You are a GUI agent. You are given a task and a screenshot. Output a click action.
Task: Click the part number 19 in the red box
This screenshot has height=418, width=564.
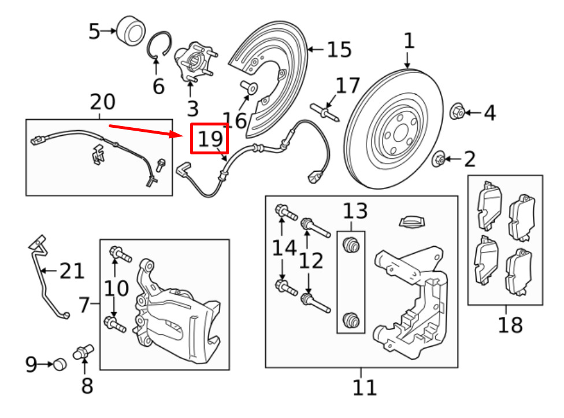[210, 139]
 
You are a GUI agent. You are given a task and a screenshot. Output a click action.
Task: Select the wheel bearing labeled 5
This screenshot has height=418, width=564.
[131, 31]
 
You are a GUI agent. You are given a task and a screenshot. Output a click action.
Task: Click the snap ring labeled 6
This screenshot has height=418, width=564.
[159, 45]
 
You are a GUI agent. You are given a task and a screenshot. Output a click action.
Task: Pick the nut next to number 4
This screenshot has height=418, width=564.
[457, 112]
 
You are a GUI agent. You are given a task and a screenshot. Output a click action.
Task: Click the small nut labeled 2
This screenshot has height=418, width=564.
[439, 159]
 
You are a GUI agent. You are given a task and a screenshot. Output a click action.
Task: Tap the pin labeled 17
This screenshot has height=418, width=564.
[324, 113]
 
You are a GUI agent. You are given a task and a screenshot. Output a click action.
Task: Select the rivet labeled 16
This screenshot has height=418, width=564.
[249, 87]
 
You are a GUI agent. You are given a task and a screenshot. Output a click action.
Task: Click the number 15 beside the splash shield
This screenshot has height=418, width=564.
[339, 50]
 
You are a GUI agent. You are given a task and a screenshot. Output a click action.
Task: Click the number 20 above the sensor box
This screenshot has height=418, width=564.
[102, 102]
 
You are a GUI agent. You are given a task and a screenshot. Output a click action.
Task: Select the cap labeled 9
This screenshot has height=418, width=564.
[60, 364]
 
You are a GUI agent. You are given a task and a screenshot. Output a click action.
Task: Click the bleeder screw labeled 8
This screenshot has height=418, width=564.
[83, 352]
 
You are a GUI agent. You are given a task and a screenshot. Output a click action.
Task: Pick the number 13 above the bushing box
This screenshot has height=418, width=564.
[355, 211]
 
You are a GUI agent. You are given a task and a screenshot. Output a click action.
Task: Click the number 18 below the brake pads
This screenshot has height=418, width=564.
[510, 325]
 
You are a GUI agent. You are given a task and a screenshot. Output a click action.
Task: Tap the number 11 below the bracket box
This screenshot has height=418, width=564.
[365, 387]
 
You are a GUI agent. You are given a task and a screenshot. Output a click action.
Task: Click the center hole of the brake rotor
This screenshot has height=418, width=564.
[400, 134]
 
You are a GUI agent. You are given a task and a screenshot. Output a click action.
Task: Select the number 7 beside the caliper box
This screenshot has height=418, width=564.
[84, 305]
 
